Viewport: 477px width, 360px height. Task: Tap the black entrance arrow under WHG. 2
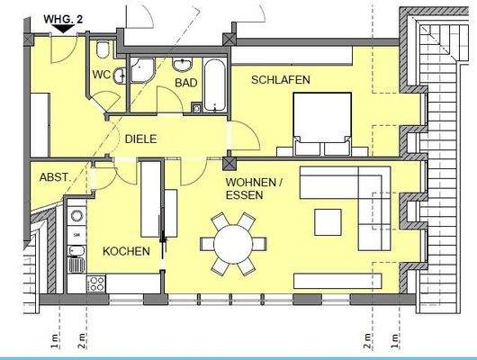[x=63, y=28]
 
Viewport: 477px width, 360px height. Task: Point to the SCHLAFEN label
[x=282, y=80]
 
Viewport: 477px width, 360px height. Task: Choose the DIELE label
[x=141, y=139]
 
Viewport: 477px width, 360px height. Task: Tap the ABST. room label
[x=51, y=178]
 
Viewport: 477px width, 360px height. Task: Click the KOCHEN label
[x=124, y=252]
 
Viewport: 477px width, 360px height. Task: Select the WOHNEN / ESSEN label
[x=255, y=187]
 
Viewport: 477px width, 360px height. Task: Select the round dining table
[x=233, y=243]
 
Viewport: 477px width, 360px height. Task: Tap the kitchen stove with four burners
[x=95, y=283]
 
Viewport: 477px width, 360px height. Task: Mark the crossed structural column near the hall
[x=229, y=163]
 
